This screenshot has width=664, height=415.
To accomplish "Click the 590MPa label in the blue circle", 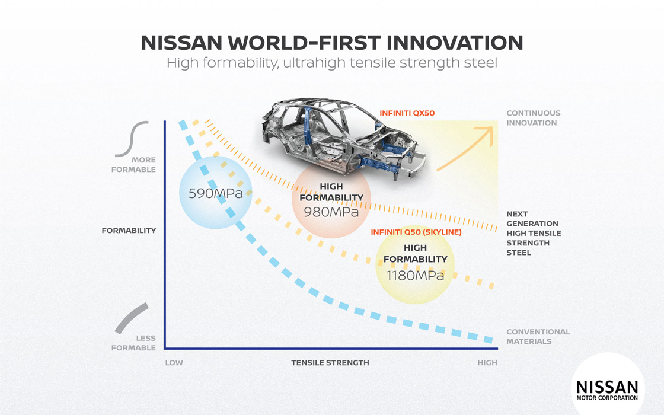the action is tap(216, 193).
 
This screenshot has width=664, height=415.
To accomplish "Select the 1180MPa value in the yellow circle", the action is tap(415, 276).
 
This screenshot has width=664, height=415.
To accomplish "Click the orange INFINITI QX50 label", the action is tap(407, 113).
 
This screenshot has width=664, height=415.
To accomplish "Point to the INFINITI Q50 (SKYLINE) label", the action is tap(416, 232).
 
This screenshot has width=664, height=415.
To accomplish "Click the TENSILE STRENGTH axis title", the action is tap(330, 362).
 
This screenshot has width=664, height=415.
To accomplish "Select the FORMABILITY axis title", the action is tap(129, 231).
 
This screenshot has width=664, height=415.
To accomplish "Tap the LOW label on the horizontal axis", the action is tap(174, 362).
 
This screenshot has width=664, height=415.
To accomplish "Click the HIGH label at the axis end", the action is tap(487, 362).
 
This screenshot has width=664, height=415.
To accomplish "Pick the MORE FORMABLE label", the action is tap(133, 165).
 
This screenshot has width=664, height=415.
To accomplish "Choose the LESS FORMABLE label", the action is tap(133, 343).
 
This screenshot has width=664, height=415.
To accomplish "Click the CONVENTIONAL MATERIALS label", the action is tap(538, 337).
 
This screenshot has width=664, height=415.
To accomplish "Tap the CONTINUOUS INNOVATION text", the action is tap(533, 118).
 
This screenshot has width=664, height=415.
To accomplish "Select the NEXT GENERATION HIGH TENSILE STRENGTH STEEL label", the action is tap(534, 234).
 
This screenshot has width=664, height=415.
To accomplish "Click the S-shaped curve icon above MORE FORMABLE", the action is tap(132, 139).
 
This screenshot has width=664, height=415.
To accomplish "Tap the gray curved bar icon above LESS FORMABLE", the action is tap(131, 318).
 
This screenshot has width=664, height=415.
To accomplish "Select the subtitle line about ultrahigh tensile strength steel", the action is tap(331, 63).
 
